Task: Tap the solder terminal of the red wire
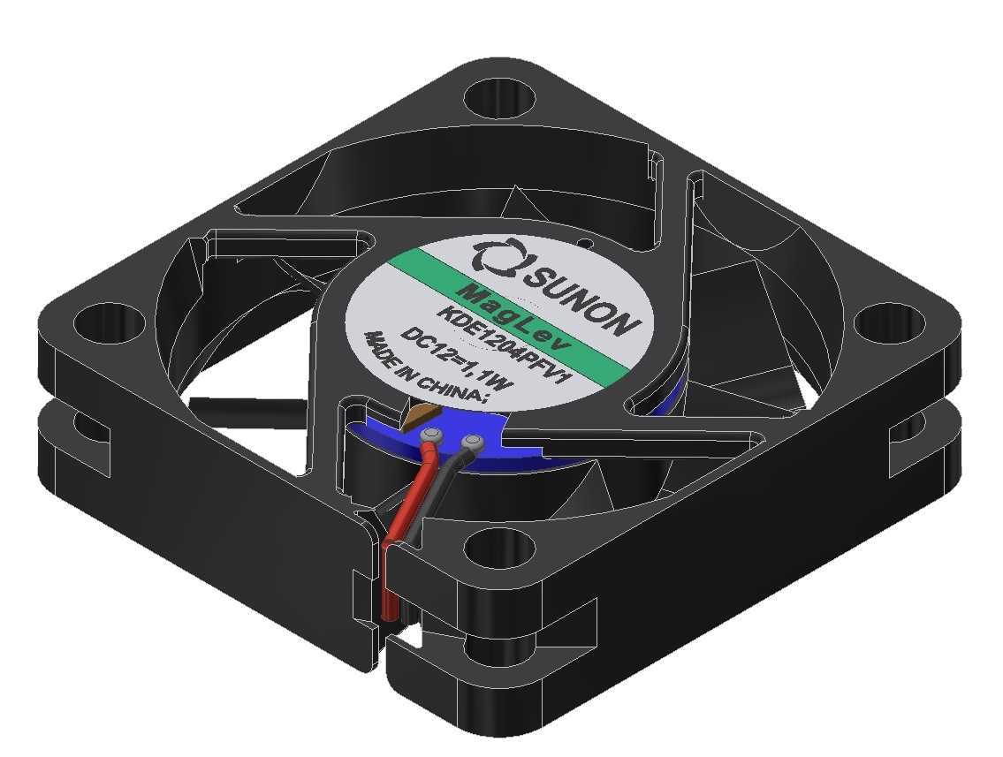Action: (x=432, y=436)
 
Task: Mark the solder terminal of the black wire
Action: (x=472, y=443)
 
